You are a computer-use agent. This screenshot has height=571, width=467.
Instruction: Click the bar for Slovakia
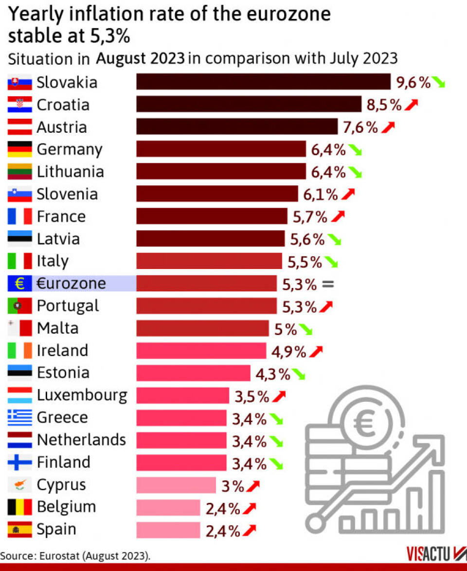point(263,82)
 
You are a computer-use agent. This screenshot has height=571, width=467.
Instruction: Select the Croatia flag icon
point(20,105)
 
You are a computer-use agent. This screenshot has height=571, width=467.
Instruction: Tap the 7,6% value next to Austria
point(360,127)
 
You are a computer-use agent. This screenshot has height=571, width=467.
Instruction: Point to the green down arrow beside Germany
point(355,150)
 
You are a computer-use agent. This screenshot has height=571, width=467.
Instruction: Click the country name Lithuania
point(70,172)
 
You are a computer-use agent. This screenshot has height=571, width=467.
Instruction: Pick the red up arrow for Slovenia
point(348,195)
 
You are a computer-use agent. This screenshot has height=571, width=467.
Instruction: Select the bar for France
point(212,216)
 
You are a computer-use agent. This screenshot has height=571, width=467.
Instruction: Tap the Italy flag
point(20,261)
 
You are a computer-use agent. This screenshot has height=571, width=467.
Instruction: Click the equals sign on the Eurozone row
point(328,284)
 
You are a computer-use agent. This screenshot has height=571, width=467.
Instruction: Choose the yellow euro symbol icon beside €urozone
point(20,284)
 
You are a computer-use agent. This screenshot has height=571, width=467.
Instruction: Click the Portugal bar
point(206,306)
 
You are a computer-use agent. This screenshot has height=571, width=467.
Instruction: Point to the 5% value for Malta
point(286,329)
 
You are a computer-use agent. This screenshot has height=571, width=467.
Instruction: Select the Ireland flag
point(20,351)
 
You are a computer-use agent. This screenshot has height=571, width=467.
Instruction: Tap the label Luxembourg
point(82,395)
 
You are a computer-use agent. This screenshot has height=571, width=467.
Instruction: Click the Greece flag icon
point(20,417)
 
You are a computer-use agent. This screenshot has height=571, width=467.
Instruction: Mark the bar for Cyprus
point(176,485)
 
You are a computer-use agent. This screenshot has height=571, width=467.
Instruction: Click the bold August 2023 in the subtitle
point(140,58)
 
